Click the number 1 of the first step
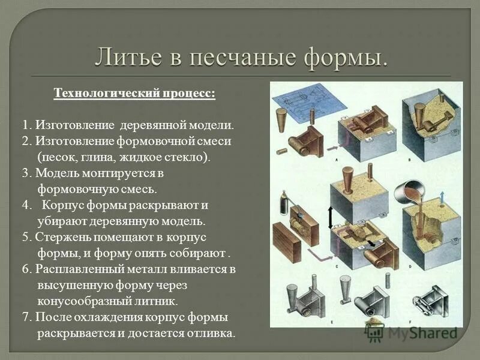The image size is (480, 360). [x=26, y=126]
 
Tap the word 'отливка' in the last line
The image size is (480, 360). [x=212, y=333]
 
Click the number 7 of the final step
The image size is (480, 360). [x=26, y=317]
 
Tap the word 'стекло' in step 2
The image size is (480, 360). [x=188, y=157]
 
